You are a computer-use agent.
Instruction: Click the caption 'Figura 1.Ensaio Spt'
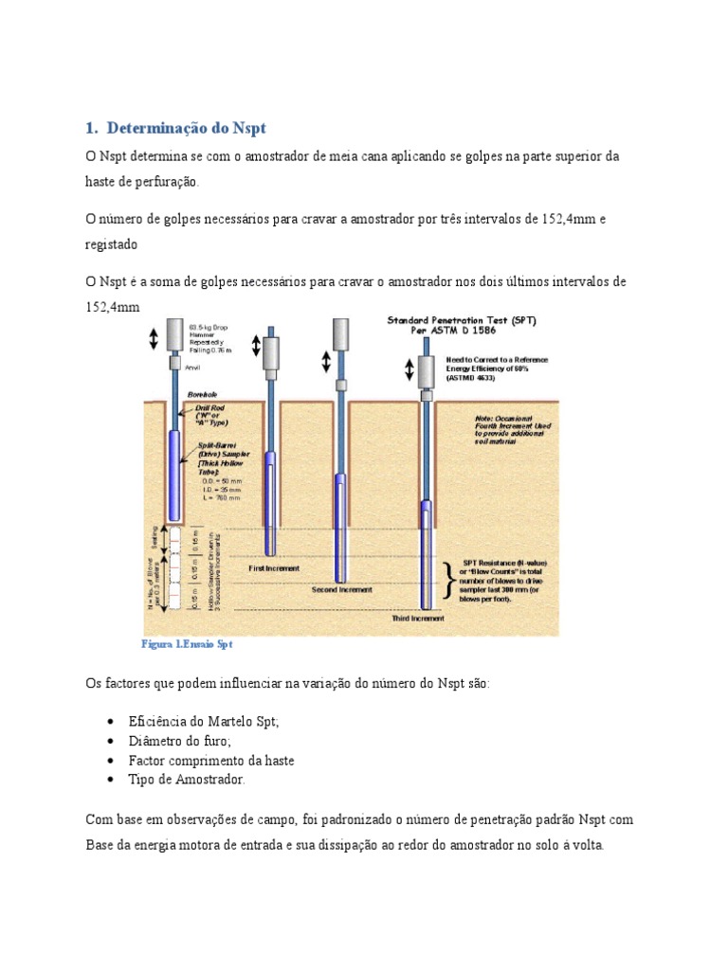pos(187,643)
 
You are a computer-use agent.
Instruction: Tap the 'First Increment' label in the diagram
pos(274,568)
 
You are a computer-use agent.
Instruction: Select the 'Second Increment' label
pos(342,588)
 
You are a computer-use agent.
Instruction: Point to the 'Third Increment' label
pos(418,618)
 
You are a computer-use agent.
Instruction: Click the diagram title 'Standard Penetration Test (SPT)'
pos(462,321)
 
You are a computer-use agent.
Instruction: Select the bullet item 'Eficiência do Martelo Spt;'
pos(204,721)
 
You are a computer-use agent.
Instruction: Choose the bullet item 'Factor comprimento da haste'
pos(211,761)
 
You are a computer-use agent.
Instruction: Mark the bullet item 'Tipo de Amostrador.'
pos(187,780)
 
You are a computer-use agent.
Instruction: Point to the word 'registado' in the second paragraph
pos(112,244)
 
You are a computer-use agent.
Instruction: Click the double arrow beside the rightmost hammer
pos(410,368)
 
